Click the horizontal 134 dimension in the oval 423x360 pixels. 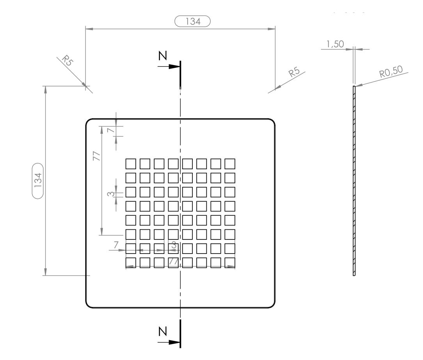(x=193, y=21)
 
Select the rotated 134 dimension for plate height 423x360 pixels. (x=38, y=181)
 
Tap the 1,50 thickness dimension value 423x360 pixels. (x=335, y=45)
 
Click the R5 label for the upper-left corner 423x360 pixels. (x=68, y=60)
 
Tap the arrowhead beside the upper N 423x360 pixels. (x=174, y=67)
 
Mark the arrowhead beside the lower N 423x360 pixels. (x=174, y=342)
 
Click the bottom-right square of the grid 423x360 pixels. (x=230, y=262)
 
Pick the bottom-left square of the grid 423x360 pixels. (x=131, y=262)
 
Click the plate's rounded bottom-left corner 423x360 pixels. (x=88, y=305)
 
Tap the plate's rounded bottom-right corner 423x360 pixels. (x=272, y=305)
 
